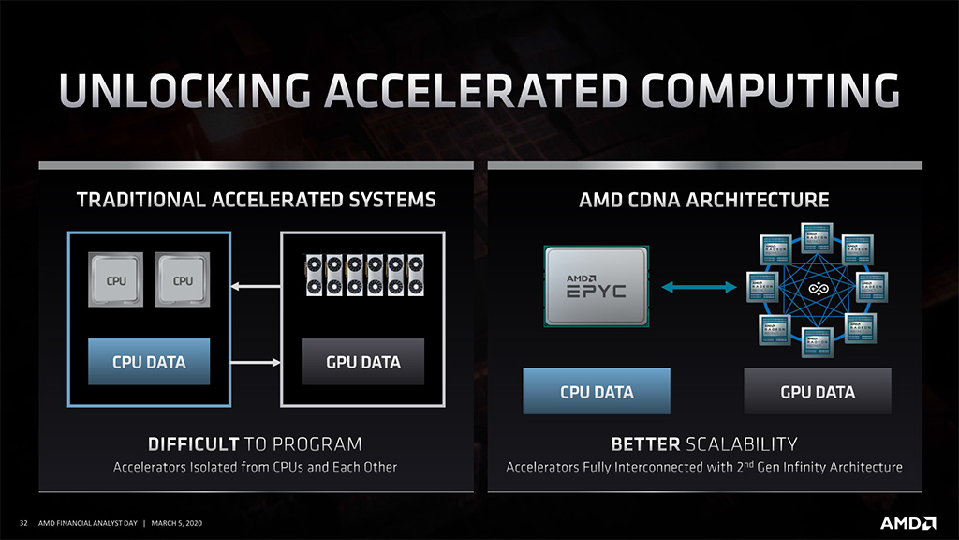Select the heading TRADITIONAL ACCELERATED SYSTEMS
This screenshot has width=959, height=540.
[256, 200]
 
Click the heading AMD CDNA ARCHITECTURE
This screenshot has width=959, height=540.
[704, 200]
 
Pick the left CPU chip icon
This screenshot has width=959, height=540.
[116, 280]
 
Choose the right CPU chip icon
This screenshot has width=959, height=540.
[183, 280]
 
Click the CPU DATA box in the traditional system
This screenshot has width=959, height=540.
[149, 362]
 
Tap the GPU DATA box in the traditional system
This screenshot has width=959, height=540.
[363, 362]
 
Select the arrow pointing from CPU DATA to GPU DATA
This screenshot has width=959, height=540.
[256, 362]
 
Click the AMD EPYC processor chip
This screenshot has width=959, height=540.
[595, 287]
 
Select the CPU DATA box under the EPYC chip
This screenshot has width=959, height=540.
[597, 392]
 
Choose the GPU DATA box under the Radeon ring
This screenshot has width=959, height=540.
[818, 392]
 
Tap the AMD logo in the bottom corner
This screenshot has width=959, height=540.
[907, 521]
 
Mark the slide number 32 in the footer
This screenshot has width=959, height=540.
[23, 522]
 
